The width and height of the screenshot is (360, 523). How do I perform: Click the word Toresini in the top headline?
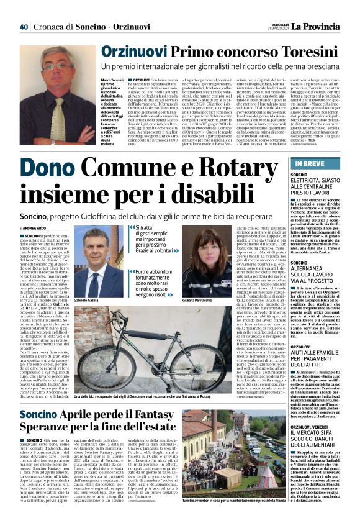coord(308,52)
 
